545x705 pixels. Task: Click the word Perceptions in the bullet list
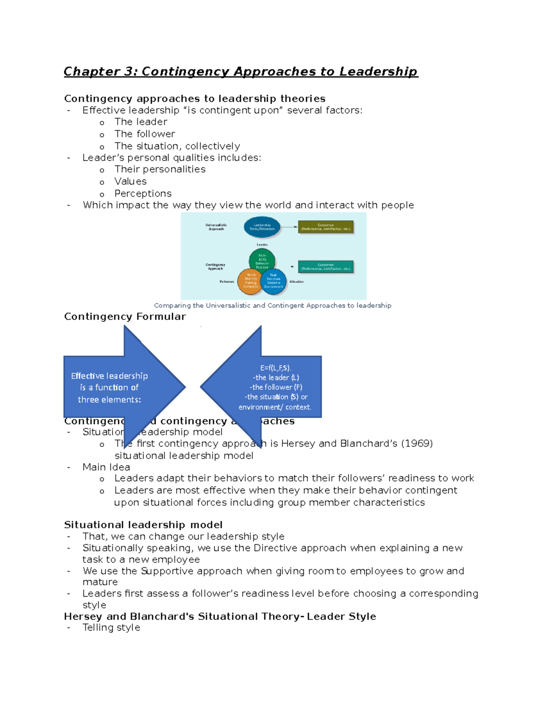143,193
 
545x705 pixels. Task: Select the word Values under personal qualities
130,181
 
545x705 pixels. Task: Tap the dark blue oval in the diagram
262,227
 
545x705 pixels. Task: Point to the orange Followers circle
250,281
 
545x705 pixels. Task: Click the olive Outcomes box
325,227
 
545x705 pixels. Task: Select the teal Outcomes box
325,266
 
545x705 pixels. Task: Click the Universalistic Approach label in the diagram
216,227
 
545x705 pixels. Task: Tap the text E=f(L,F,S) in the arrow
276,368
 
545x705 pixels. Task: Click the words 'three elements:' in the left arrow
109,399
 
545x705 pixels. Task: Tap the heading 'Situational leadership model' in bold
143,525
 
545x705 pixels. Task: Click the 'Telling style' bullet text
111,627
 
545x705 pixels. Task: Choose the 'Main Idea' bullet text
106,467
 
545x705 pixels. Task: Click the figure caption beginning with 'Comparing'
272,306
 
